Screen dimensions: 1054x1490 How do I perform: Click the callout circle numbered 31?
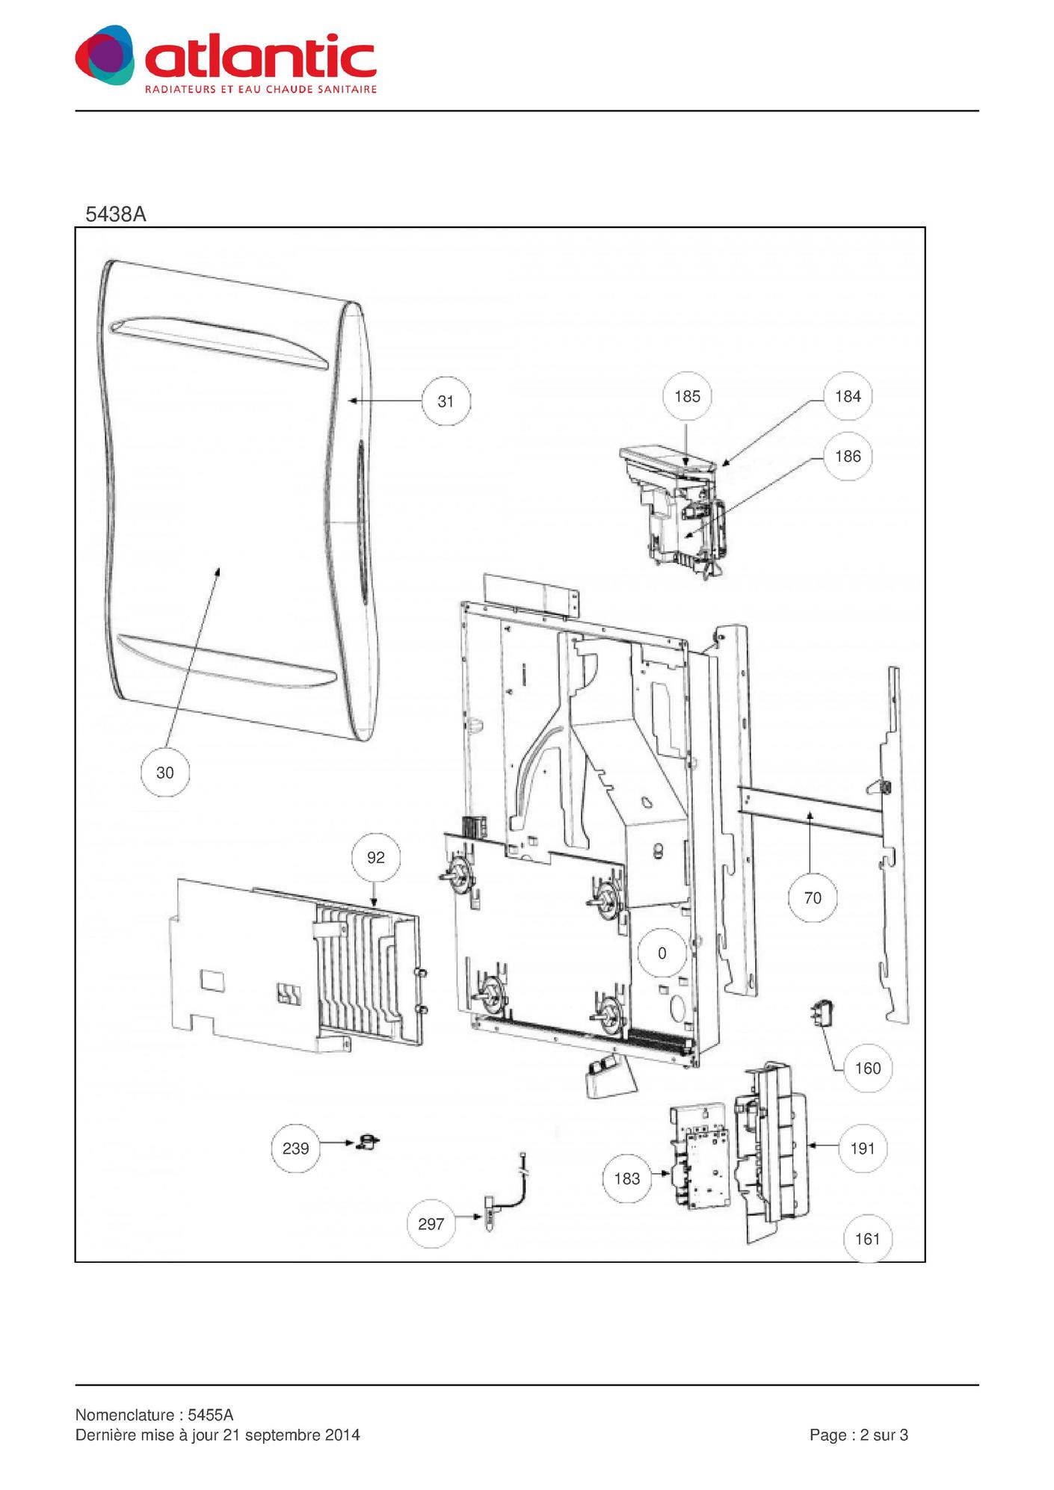446,401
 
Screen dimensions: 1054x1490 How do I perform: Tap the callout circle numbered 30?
164,773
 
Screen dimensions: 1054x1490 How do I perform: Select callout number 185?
687,396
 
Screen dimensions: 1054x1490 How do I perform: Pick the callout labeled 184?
848,396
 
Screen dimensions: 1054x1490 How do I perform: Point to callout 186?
848,456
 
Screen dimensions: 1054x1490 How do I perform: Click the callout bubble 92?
375,857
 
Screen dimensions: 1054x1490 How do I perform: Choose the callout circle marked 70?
813,897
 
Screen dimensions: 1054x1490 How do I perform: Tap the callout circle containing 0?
662,953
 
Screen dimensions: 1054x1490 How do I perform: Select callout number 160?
867,1068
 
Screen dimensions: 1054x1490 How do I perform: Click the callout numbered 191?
862,1148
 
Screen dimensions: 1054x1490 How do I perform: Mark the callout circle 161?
867,1239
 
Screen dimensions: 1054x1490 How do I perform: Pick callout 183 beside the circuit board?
626,1178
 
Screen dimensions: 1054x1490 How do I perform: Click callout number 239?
295,1148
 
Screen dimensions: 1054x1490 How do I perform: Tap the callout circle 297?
431,1224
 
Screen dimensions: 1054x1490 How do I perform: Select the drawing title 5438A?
116,214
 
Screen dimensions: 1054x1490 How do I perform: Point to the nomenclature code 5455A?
211,1415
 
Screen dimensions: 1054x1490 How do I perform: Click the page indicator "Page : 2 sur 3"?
859,1435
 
